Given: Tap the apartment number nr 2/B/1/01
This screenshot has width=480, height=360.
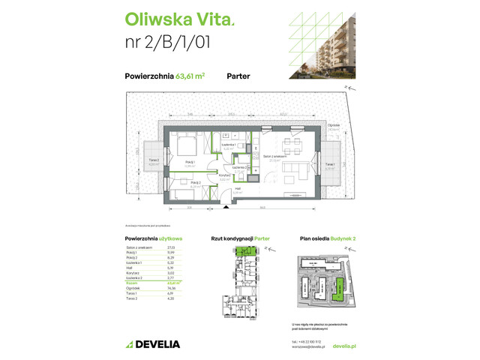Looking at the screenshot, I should (167, 42).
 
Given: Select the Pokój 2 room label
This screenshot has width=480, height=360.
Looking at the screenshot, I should (194, 183).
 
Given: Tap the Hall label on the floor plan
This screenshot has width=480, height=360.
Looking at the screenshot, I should (237, 190).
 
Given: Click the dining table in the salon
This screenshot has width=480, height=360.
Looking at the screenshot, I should (289, 144).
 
